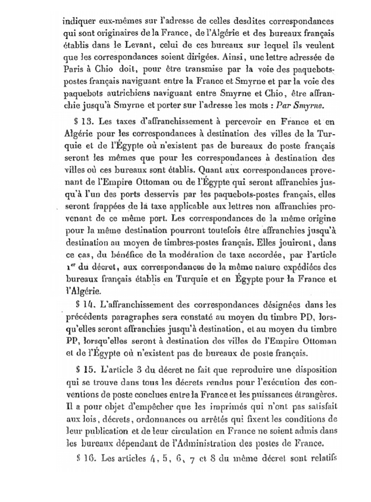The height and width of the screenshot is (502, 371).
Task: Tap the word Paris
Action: point(72,67)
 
